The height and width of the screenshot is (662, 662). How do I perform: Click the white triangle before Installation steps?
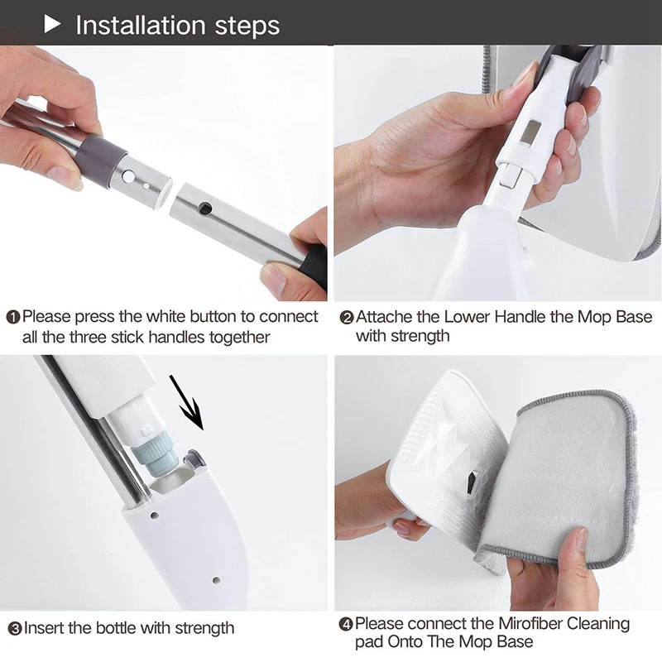(x=51, y=25)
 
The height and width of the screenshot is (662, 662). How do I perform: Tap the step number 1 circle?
(x=13, y=318)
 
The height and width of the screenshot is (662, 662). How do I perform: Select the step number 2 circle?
(x=347, y=318)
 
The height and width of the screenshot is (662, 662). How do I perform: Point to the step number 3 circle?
(x=15, y=629)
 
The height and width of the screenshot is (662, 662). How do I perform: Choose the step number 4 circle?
(x=346, y=625)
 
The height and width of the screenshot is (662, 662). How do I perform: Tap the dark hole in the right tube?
(x=205, y=209)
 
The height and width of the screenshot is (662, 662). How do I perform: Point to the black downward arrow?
(x=187, y=402)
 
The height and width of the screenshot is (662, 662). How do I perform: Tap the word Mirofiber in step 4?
(x=530, y=624)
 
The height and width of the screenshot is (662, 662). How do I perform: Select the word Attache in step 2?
(x=384, y=317)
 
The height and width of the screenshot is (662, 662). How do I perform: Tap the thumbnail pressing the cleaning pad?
(x=583, y=540)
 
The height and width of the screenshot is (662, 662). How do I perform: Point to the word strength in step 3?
(x=204, y=629)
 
